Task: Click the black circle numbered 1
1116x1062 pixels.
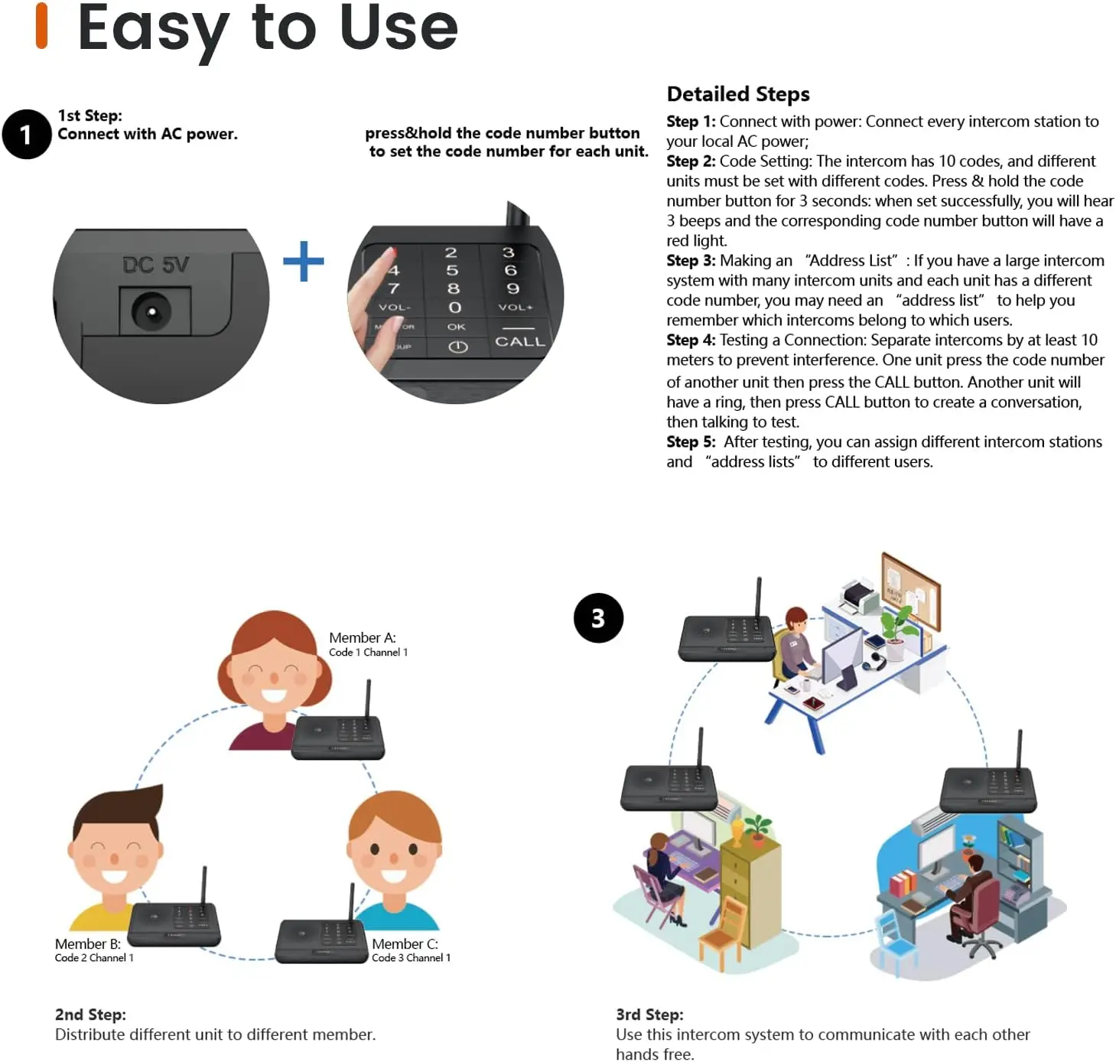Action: tap(27, 135)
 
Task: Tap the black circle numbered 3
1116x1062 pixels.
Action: tap(598, 618)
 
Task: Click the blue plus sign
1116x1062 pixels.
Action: tap(304, 262)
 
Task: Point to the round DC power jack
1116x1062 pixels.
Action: tap(151, 312)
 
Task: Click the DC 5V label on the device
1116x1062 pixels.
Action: tap(155, 265)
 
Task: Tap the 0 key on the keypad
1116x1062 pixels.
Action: tap(455, 308)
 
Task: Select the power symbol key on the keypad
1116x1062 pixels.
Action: tap(457, 347)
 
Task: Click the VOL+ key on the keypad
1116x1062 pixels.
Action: tap(515, 308)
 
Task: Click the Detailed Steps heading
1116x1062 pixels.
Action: tap(738, 94)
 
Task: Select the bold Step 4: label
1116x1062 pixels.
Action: tap(691, 340)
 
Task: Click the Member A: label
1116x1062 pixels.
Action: tap(363, 638)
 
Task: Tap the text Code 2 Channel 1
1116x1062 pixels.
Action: tap(94, 958)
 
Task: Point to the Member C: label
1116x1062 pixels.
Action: tap(405, 944)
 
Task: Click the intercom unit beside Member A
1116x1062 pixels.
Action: tap(339, 736)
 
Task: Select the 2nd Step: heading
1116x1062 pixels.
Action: tap(90, 1015)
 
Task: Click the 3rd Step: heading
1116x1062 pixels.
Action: tap(649, 1015)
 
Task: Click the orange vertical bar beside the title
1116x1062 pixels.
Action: tap(42, 26)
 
